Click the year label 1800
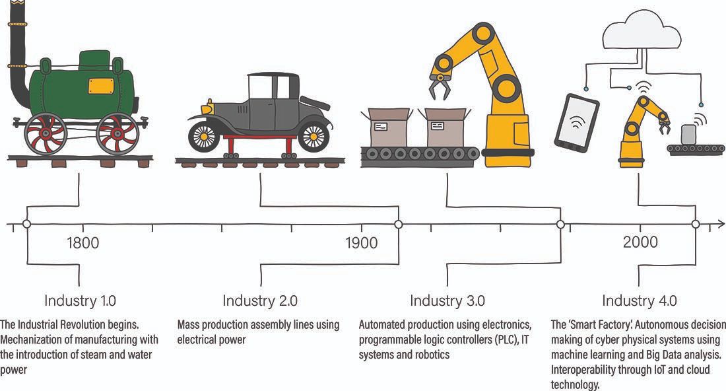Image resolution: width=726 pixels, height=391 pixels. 82,243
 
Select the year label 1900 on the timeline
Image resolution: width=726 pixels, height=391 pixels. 361,243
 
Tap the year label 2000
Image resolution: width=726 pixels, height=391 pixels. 640,243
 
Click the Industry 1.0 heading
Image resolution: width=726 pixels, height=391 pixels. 80,301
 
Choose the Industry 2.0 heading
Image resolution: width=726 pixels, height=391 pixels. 259,301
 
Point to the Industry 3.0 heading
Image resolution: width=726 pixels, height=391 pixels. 447,301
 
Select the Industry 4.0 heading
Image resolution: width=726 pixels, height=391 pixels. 639,301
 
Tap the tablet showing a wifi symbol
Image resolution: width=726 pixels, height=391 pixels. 576,121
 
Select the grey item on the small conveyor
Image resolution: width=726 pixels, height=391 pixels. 689,133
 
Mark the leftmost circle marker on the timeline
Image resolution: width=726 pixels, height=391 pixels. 26,225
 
